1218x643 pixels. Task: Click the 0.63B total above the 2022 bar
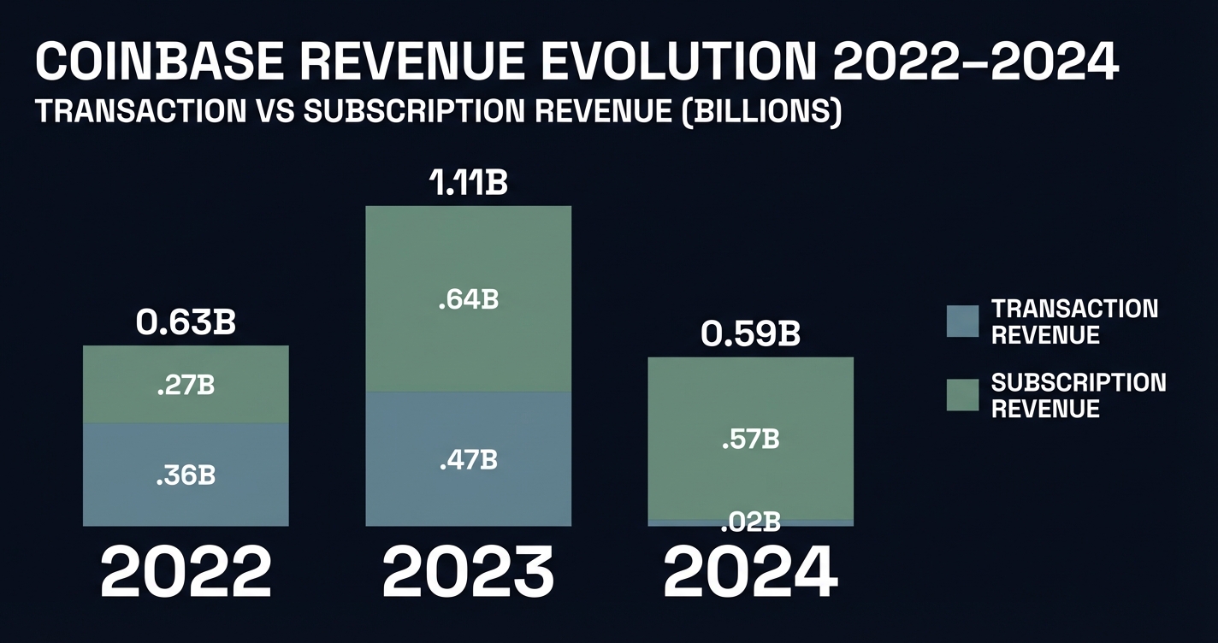pos(186,323)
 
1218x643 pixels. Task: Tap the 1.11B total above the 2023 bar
pos(468,183)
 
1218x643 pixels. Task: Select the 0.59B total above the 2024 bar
pos(750,334)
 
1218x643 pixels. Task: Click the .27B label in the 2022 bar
pos(186,386)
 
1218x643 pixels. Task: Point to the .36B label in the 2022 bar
pos(186,476)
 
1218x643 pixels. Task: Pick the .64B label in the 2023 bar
pos(468,300)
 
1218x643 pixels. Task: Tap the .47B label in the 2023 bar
pos(468,460)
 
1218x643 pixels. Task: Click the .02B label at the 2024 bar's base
pos(750,520)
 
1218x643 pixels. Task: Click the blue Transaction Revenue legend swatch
pos(962,321)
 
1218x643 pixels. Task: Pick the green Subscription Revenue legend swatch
pos(962,395)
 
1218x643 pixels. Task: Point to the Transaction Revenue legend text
pos(1074,321)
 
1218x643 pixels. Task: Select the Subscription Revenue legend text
pos(1078,395)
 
